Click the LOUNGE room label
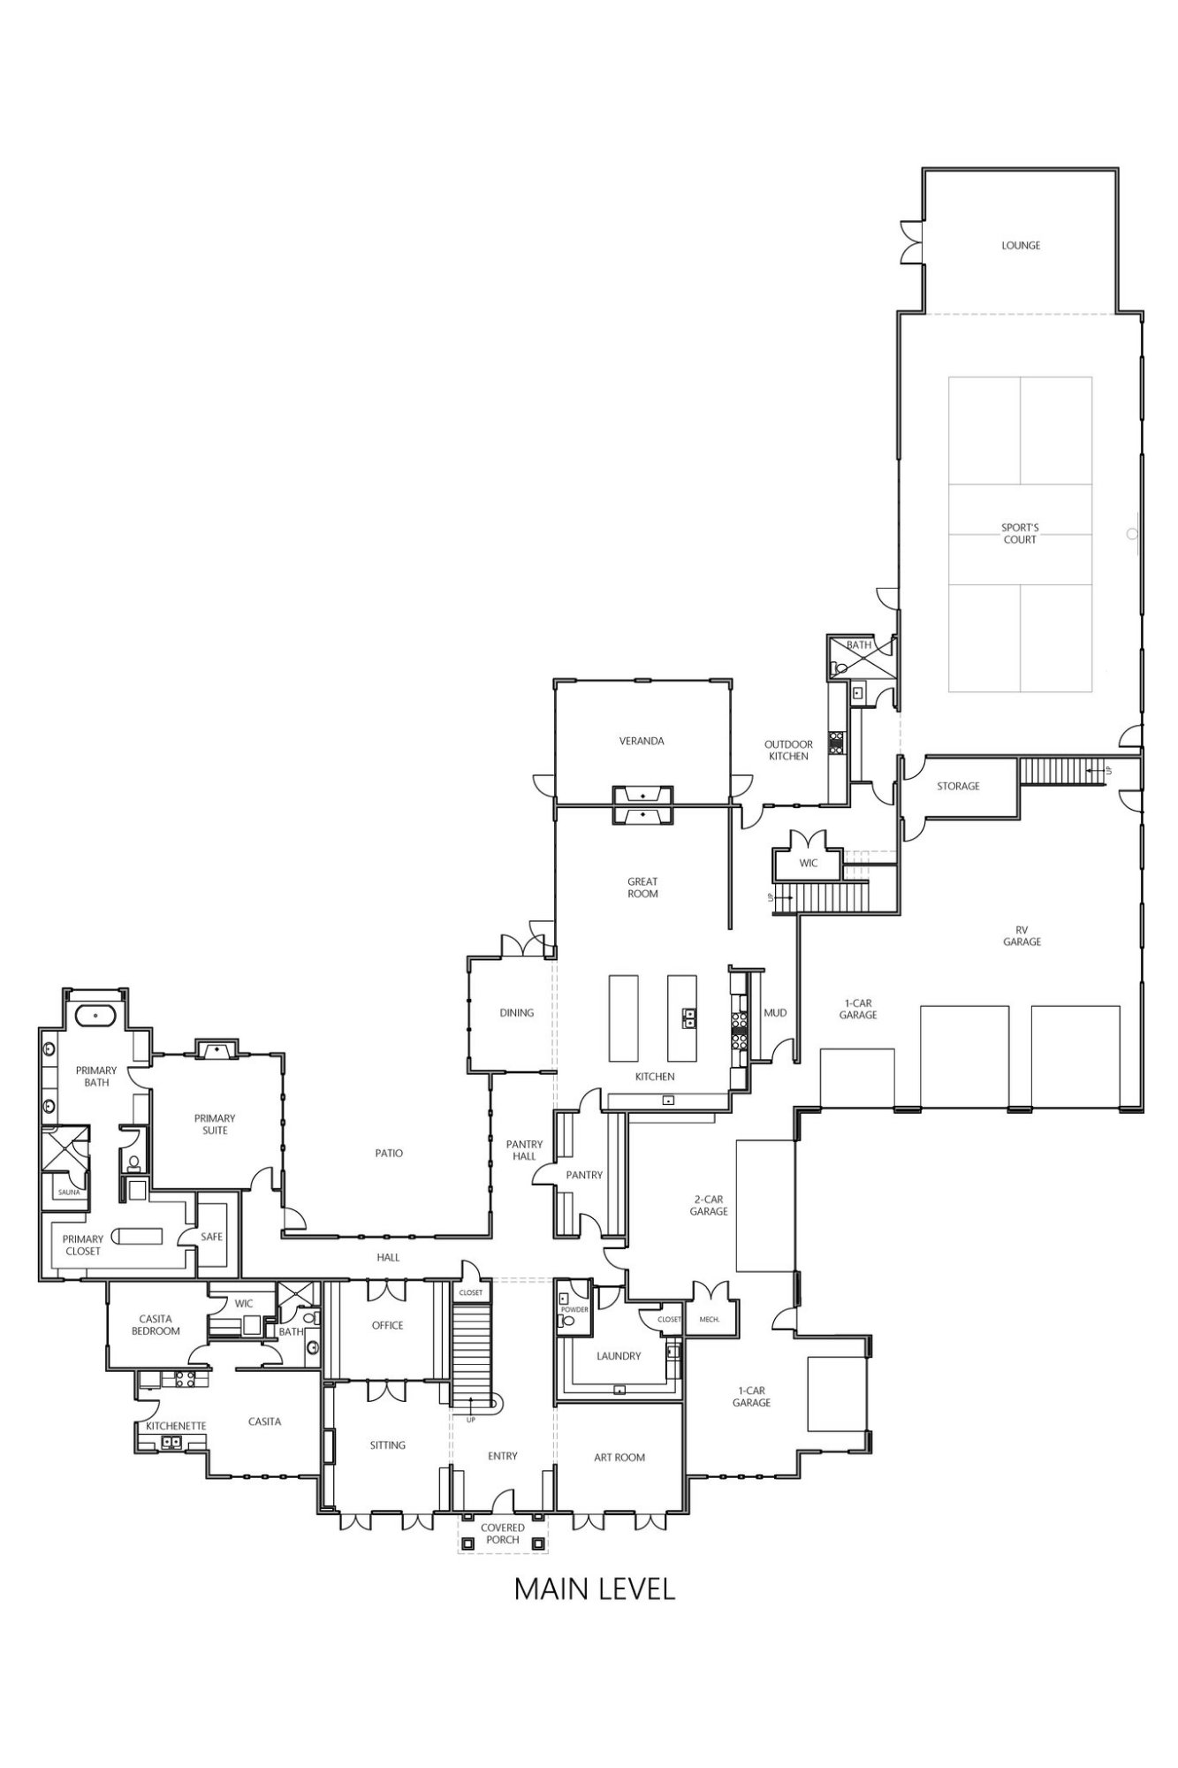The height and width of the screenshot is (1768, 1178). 1021,246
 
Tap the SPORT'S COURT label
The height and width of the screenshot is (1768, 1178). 1020,534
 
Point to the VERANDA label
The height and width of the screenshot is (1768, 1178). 642,741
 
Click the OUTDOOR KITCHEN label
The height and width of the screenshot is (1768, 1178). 788,751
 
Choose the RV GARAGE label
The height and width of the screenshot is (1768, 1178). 1022,936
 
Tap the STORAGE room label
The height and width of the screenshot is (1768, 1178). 958,786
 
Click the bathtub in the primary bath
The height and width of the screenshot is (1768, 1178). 95,1015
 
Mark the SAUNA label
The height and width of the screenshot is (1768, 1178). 69,1193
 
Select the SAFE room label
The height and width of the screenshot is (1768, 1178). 212,1237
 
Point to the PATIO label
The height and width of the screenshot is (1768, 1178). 389,1154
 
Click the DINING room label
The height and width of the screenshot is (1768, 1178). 517,1013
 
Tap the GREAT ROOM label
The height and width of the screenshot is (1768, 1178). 642,888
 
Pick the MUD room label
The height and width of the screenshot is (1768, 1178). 775,1013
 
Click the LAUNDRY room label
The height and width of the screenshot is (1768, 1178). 619,1356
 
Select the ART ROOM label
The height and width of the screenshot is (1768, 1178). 619,1458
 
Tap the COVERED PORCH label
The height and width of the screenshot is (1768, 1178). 503,1534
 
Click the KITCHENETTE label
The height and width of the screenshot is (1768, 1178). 176,1426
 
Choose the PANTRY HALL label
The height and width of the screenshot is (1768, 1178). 524,1150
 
